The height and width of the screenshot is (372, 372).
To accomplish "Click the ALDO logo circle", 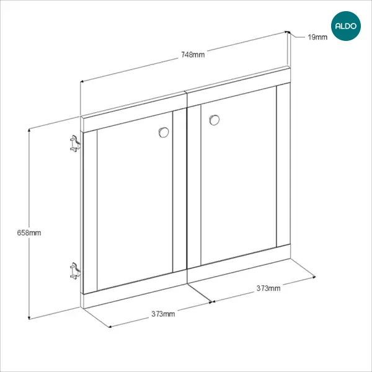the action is coord(346,26).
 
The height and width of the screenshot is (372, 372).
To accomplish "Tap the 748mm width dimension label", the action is coord(193,55).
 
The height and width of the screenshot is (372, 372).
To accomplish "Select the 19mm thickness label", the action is coord(317,37).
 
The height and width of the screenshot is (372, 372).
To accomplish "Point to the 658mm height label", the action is coord(29,232).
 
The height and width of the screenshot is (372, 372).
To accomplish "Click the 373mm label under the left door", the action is coord(163,314).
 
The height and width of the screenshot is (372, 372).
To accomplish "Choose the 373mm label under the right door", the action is coord(268,288).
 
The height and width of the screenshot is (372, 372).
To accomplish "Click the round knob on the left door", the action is coord(164,133).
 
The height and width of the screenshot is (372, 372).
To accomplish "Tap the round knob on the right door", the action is coord(215,120).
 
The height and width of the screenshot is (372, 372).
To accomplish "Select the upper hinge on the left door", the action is coord(75,144).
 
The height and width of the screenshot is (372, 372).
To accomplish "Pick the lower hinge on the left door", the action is coord(75,271).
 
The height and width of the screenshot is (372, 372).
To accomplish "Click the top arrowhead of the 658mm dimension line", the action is coord(29,130).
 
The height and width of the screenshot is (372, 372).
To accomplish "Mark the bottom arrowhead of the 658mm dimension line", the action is coord(29,318).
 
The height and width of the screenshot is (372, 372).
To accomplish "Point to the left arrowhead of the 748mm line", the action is coord(81,81).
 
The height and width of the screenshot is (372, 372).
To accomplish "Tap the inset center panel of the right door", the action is coord(239,175).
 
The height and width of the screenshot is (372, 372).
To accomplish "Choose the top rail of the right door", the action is coord(239,87).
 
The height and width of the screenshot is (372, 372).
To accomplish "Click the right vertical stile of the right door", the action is coord(283,165).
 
